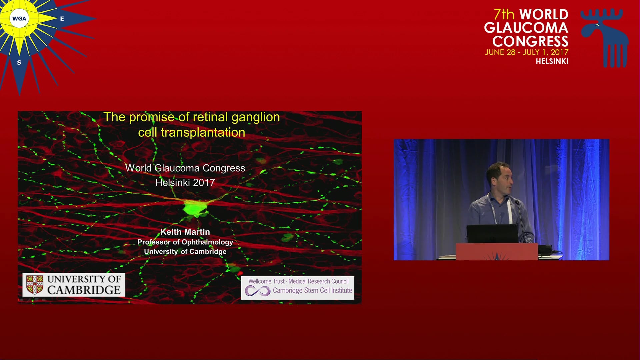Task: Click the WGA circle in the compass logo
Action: tap(19, 19)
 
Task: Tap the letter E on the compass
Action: tap(62, 19)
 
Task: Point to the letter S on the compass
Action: tap(19, 62)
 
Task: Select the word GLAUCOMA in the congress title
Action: tap(526, 28)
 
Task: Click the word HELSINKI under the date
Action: tap(552, 61)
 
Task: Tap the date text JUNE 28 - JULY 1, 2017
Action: tap(527, 52)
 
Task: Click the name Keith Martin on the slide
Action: tap(185, 232)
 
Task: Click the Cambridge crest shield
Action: tap(35, 285)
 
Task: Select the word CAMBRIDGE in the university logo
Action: tap(84, 290)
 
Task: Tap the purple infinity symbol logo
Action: tap(258, 291)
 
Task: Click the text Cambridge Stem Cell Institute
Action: tap(312, 290)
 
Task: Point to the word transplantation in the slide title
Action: tap(203, 132)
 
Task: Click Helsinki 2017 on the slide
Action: tap(185, 182)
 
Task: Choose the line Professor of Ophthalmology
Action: tap(185, 242)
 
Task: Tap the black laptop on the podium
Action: tap(493, 234)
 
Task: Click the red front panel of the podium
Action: tap(497, 252)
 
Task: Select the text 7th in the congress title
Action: tap(504, 14)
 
